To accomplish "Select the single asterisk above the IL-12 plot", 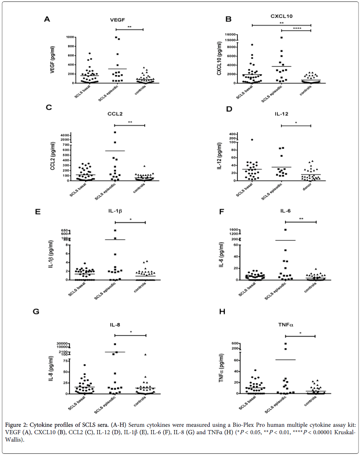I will (296, 123).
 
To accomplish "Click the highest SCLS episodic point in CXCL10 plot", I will (281, 37).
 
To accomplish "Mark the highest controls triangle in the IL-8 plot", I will (146, 355).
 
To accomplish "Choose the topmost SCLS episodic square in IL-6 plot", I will (286, 230).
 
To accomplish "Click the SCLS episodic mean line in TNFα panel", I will (285, 360).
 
